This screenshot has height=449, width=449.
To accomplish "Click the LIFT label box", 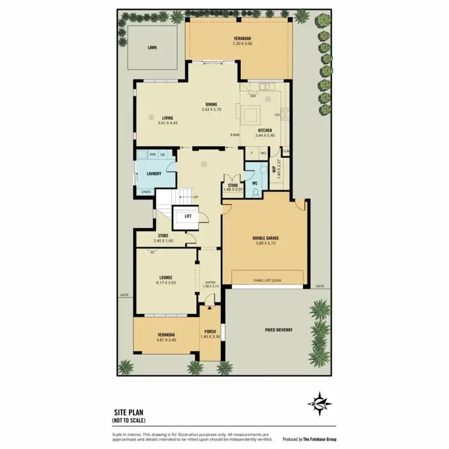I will (x=187, y=216).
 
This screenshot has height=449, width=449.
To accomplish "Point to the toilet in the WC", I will (x=256, y=192).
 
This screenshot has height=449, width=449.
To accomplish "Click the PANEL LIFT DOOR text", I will (x=268, y=279).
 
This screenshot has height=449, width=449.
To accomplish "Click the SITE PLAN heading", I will (x=129, y=412).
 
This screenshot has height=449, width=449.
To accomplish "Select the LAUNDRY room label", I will (x=154, y=174).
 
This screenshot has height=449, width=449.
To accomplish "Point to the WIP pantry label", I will (x=274, y=169).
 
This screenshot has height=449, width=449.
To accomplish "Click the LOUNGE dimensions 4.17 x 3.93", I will (x=166, y=283).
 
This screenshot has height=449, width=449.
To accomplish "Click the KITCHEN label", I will (x=265, y=130).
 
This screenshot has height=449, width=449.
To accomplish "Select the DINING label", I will (x=211, y=104).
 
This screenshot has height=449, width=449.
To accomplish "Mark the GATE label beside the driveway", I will (x=320, y=286).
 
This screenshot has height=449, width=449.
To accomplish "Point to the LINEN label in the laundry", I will (x=145, y=192).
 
